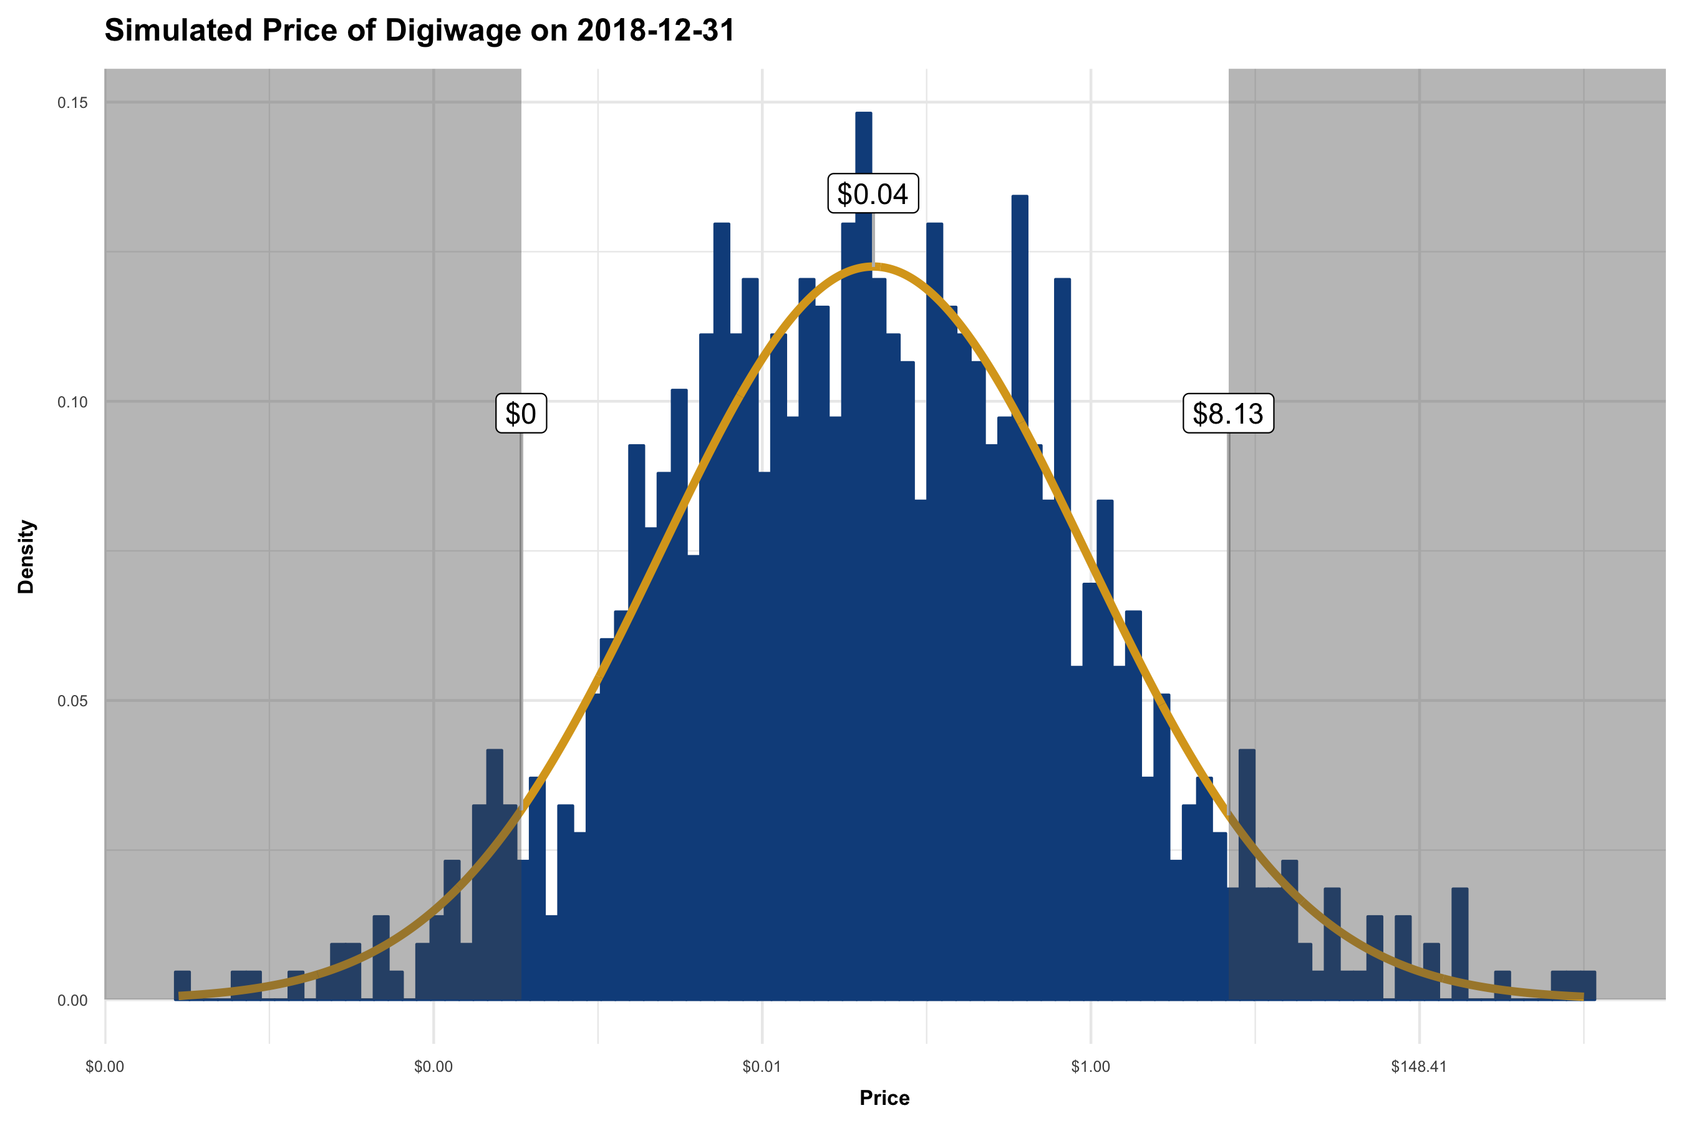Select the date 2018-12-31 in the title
pos(655,31)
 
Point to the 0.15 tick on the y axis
pos(72,103)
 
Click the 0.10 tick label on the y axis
pos(72,402)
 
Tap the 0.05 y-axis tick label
pos(72,701)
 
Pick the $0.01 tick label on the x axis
pos(761,1067)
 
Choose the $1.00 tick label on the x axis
pos(1090,1067)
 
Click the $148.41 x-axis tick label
pos(1418,1067)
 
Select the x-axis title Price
pos(884,1098)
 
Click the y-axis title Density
pos(26,557)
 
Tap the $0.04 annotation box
pos(872,194)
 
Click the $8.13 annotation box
pos(1228,413)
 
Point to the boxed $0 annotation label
pos(521,413)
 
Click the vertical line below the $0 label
pos(521,609)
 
